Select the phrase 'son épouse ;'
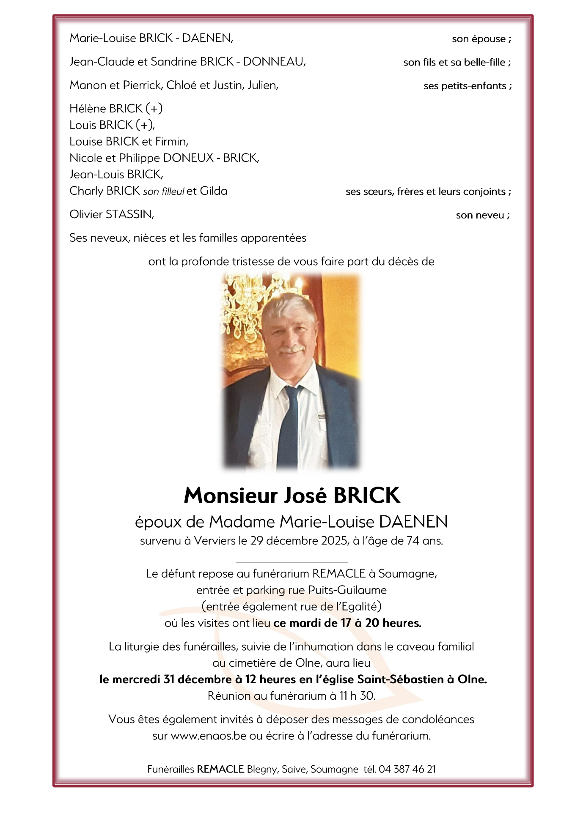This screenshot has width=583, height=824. (x=481, y=39)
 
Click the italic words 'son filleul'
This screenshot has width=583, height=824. (x=163, y=192)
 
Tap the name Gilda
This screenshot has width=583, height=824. (x=213, y=191)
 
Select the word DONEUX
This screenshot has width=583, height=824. (x=188, y=158)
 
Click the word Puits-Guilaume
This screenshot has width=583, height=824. (x=347, y=590)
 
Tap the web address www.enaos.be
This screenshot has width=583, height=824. (x=208, y=736)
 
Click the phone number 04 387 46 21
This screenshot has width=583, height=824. (x=407, y=769)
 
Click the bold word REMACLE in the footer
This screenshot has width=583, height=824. (x=220, y=769)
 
